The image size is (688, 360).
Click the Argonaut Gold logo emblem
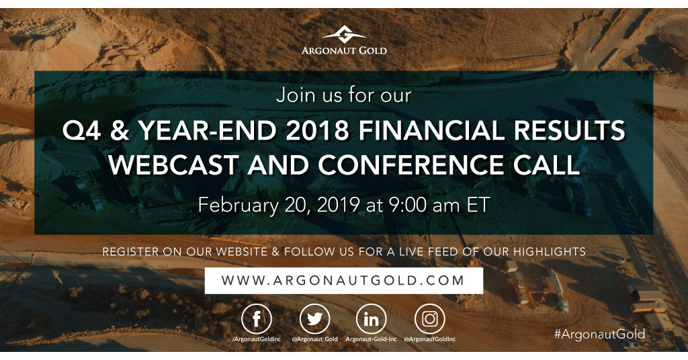[x=343, y=34]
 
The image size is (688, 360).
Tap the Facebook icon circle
[x=256, y=319]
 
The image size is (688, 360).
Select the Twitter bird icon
[x=314, y=319]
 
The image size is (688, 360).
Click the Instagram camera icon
[x=430, y=319]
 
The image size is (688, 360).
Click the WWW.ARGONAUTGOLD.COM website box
[x=344, y=280]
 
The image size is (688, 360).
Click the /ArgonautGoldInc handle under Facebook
[x=256, y=340]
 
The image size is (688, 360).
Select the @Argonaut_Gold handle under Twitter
[x=314, y=340]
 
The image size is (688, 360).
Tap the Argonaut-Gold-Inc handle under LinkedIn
[x=372, y=340]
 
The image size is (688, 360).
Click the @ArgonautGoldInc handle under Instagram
[x=430, y=340]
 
